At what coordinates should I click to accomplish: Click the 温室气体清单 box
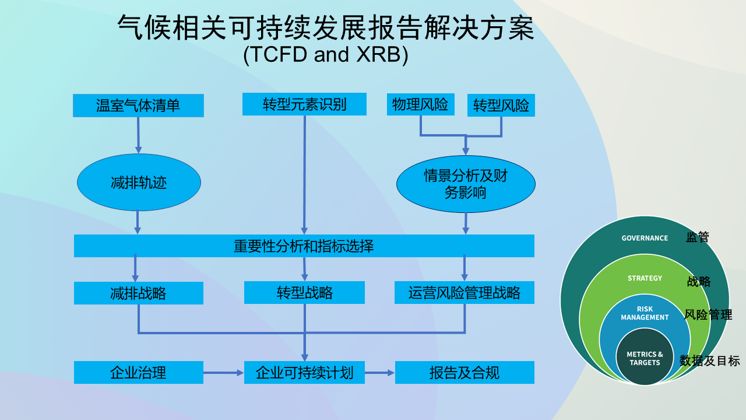click(x=138, y=106)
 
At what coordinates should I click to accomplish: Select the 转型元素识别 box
click(x=304, y=104)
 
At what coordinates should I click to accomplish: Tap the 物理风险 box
click(x=420, y=104)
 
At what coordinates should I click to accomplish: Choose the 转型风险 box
click(x=501, y=106)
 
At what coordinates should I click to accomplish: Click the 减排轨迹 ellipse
click(x=139, y=183)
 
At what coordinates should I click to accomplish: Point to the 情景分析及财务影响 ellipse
click(x=466, y=184)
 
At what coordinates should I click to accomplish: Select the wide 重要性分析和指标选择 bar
click(x=304, y=246)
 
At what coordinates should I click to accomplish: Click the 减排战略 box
click(x=138, y=293)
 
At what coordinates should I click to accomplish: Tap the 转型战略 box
click(x=304, y=292)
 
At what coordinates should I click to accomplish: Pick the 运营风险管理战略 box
click(x=465, y=292)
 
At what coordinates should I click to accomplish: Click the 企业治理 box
click(x=138, y=372)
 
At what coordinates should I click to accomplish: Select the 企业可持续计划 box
click(x=304, y=372)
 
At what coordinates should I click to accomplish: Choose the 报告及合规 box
click(x=465, y=372)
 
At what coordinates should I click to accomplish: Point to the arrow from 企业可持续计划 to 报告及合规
click(x=380, y=372)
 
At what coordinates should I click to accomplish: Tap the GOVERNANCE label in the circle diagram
click(x=645, y=238)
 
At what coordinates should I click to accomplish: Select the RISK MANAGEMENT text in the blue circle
click(x=645, y=313)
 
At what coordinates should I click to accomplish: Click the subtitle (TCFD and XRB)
click(x=326, y=54)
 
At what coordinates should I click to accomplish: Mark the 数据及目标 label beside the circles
click(x=709, y=361)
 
